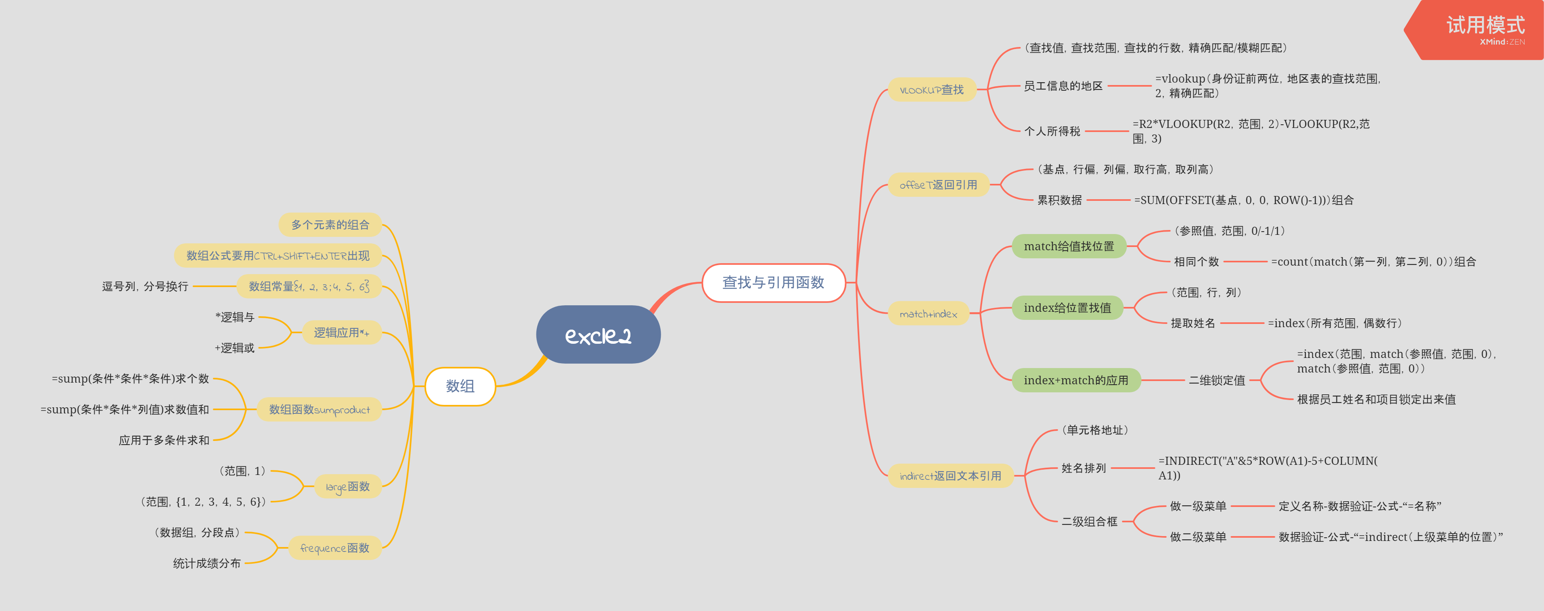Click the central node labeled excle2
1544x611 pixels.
tap(598, 335)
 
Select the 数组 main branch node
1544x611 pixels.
tap(460, 386)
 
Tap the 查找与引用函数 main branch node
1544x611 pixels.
tap(773, 283)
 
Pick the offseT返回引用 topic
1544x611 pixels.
tap(938, 185)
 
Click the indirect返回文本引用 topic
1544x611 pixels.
tap(950, 476)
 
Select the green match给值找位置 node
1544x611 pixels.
tap(1069, 246)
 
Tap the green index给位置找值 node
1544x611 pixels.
tap(1067, 308)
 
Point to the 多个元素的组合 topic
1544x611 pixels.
tap(330, 225)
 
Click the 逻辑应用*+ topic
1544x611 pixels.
tap(341, 332)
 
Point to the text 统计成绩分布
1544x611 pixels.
tap(207, 564)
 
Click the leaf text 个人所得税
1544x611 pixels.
tap(1052, 131)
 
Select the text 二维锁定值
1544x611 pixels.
tap(1217, 380)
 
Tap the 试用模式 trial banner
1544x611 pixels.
tap(1480, 29)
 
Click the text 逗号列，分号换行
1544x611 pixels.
tap(145, 286)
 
